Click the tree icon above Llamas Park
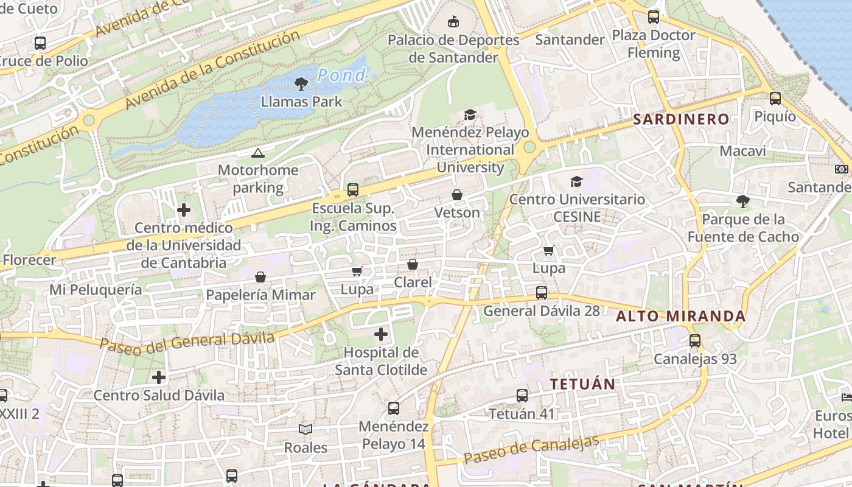tap(301, 83)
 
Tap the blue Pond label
tap(341, 75)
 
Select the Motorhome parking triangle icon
tap(258, 153)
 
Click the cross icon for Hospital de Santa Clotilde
tap(381, 334)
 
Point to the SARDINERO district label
tap(681, 119)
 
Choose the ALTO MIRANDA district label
tap(680, 316)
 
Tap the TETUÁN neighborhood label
tap(582, 384)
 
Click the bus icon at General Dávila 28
tap(541, 293)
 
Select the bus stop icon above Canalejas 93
tap(694, 341)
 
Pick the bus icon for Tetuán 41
tap(522, 396)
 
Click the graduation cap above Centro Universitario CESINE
tap(576, 181)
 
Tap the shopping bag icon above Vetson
tap(456, 195)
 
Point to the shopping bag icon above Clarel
tap(412, 264)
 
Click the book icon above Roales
tap(306, 429)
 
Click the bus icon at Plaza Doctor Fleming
tap(654, 17)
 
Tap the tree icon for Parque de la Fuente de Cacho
tap(742, 201)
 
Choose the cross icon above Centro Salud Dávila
tap(159, 377)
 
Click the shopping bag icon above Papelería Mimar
tap(260, 277)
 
